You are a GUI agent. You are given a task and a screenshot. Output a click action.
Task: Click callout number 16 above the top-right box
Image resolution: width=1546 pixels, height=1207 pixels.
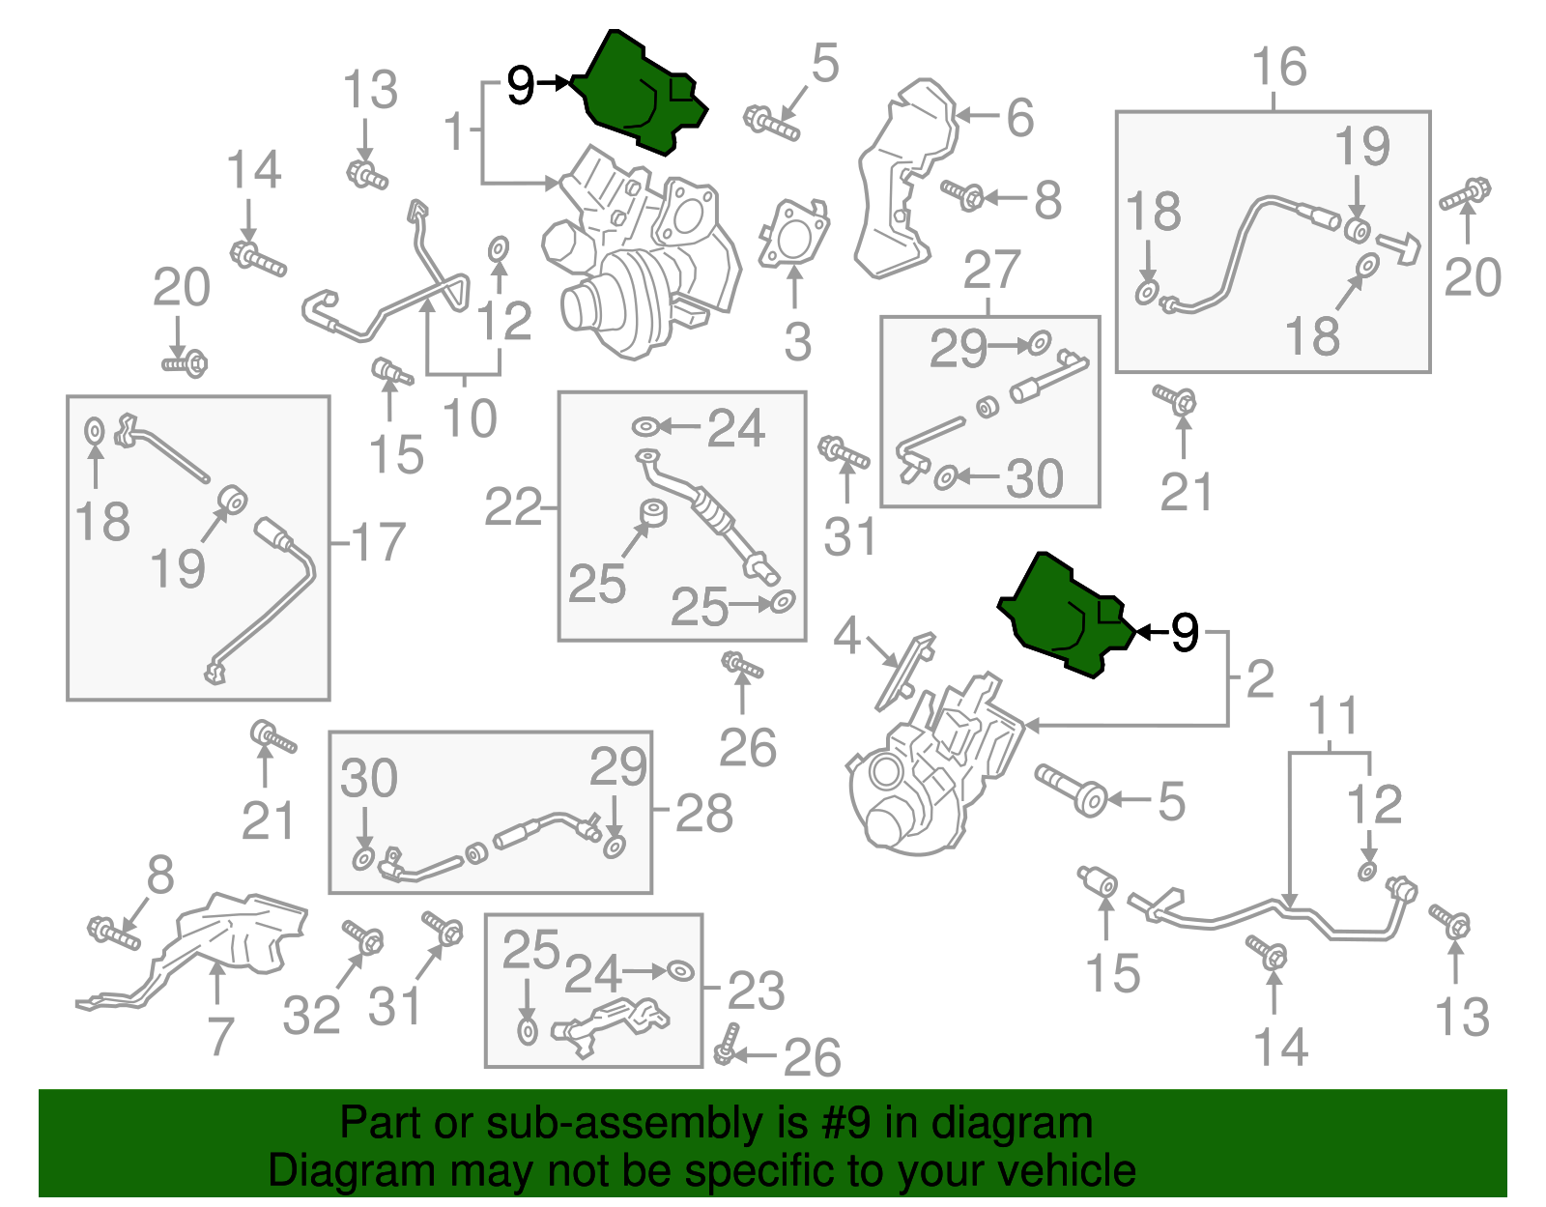click(1279, 67)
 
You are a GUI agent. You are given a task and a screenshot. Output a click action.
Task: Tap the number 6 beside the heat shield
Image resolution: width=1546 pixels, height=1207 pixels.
click(1020, 117)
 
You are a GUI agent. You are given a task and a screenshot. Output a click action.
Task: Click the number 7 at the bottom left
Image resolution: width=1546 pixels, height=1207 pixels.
click(220, 1036)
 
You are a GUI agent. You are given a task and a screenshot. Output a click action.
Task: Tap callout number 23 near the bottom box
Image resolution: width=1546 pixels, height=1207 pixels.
click(756, 990)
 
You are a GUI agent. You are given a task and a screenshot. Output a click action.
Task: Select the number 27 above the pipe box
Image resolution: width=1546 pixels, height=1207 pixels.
click(991, 270)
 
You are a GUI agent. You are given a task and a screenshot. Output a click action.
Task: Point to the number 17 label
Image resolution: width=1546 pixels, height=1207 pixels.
click(378, 542)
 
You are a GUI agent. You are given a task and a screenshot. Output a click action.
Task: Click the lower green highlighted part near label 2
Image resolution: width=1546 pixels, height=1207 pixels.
click(1064, 616)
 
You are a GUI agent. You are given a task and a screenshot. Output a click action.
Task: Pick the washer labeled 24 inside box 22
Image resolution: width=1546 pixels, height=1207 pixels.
click(644, 427)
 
